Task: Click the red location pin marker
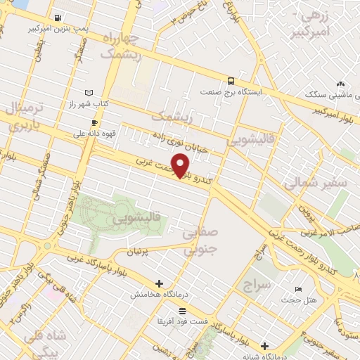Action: [181, 166]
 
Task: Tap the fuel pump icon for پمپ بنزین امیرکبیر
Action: [57, 18]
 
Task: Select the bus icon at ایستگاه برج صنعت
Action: [231, 81]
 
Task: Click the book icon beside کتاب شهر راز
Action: [88, 92]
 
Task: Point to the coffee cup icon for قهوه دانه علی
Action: [94, 121]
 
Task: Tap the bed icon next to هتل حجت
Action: [299, 290]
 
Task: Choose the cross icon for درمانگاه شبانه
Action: [264, 345]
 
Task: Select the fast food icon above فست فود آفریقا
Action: [182, 310]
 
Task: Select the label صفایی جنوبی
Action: [201, 240]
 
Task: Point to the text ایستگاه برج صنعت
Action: [231, 92]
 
